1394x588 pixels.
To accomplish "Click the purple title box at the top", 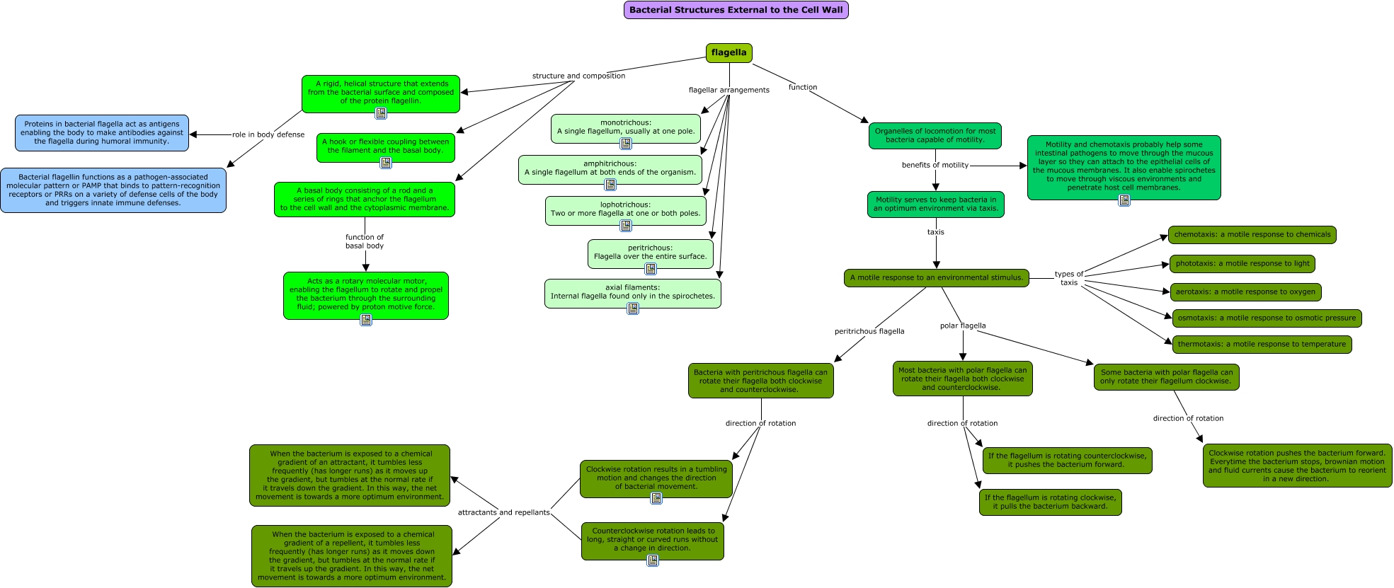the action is (736, 10).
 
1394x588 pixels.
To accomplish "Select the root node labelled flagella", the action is (729, 53).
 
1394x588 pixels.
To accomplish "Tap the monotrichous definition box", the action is (626, 128).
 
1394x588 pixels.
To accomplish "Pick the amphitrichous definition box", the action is (610, 170).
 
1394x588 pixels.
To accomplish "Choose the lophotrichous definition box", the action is (626, 211).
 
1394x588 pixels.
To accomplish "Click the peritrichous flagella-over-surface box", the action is (651, 254).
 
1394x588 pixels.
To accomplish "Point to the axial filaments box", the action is (633, 294).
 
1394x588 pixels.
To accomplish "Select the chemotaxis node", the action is (1252, 235).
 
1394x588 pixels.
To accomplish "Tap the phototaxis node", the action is (1242, 264).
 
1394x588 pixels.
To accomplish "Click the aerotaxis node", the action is (1245, 292).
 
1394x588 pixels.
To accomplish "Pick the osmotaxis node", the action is (1267, 318).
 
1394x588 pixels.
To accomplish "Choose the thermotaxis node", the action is (1262, 345).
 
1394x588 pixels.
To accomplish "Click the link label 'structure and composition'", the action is (578, 76).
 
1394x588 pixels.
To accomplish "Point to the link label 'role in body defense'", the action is (268, 134).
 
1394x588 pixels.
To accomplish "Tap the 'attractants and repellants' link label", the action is (503, 512).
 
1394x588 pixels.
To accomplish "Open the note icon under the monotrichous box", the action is (626, 144).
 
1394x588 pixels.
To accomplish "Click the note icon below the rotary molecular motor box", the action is (366, 320).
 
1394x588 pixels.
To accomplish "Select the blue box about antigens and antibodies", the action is (102, 133).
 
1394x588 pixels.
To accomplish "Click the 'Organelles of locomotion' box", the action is (935, 136).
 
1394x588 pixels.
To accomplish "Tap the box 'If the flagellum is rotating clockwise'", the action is (1051, 502).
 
